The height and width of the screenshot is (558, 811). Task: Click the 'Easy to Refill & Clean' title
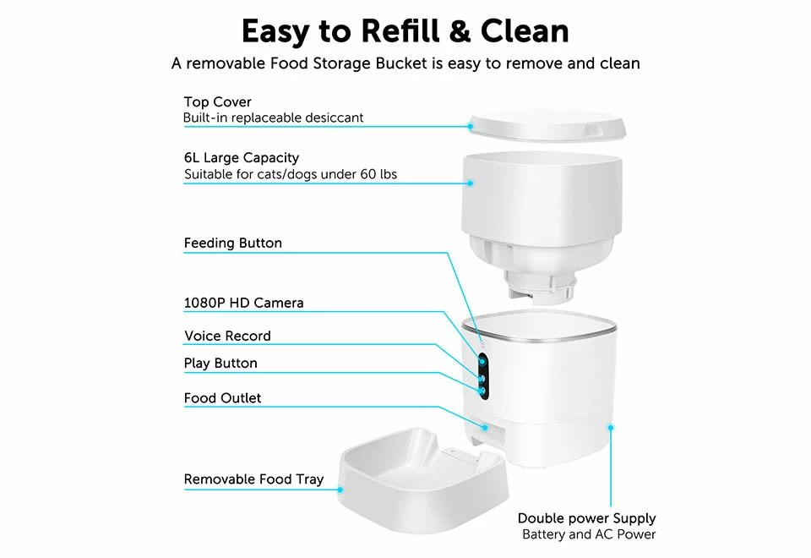[405, 31]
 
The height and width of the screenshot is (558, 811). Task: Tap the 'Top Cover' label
[217, 102]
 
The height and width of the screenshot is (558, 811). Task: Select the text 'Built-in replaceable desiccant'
[273, 118]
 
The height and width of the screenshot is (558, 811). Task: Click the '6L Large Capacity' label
[241, 158]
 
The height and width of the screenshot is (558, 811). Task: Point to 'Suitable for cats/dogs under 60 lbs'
[290, 175]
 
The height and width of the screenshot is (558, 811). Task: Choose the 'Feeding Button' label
[232, 243]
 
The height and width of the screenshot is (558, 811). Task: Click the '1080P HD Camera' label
[243, 303]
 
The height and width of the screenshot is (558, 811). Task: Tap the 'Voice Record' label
[227, 336]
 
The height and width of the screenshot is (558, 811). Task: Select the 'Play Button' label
[220, 364]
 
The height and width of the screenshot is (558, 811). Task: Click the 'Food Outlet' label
[222, 398]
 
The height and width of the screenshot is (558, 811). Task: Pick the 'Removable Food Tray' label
[253, 479]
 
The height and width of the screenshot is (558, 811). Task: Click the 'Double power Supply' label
[586, 518]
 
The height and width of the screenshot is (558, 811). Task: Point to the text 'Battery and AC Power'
[588, 534]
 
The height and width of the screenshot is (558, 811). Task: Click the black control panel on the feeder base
[482, 375]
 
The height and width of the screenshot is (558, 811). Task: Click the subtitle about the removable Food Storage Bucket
[405, 63]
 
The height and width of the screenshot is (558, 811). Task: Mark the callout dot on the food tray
[341, 490]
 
